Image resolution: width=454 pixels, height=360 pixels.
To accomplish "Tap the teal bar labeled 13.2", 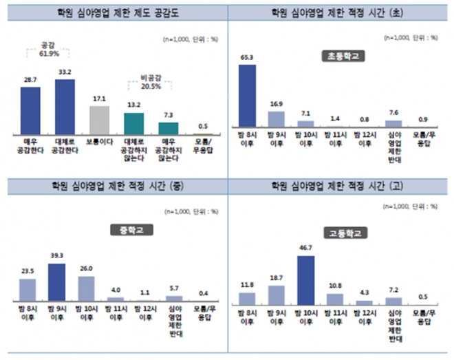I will point(133,123).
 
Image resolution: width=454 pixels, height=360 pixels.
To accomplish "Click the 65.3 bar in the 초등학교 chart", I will point(247,96).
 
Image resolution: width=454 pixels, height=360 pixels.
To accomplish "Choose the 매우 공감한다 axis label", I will point(30,145).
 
